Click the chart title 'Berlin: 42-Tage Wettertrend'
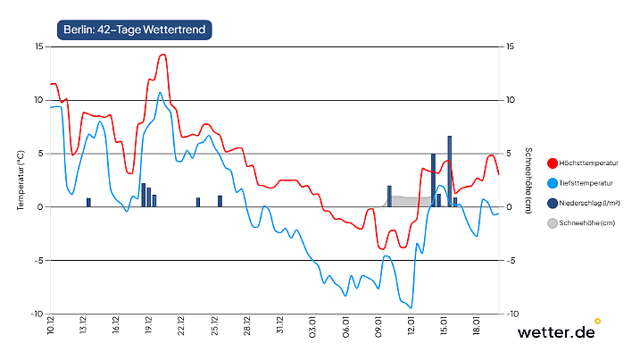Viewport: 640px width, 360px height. [134, 29]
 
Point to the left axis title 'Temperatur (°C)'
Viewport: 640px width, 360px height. [20, 180]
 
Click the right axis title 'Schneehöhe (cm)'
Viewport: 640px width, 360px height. [528, 180]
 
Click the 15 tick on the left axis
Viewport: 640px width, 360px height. [37, 46]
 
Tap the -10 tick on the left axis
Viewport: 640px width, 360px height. [36, 314]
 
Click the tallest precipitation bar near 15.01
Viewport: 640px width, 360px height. [450, 171]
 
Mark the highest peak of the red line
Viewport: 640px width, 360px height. [163, 54]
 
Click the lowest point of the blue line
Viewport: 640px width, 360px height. [411, 308]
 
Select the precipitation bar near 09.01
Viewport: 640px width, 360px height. [389, 197]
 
